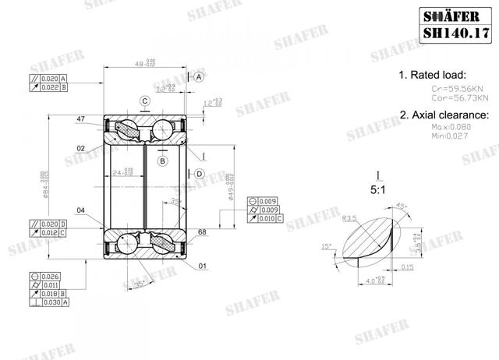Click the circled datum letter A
[199, 78]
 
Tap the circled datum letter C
[145, 101]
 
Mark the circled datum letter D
[199, 173]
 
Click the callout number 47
[81, 119]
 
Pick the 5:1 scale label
[377, 189]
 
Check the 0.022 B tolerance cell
[48, 88]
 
